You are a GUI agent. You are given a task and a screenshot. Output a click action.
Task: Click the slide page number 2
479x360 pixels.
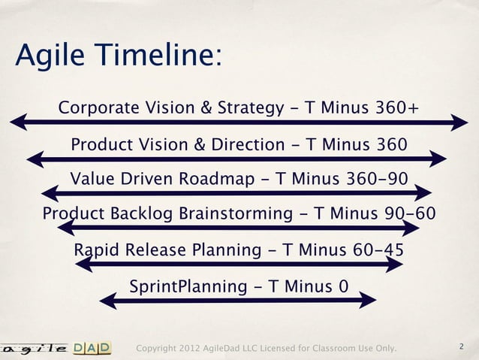click(x=462, y=347)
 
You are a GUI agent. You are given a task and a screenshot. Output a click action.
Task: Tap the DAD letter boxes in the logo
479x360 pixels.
click(x=92, y=347)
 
